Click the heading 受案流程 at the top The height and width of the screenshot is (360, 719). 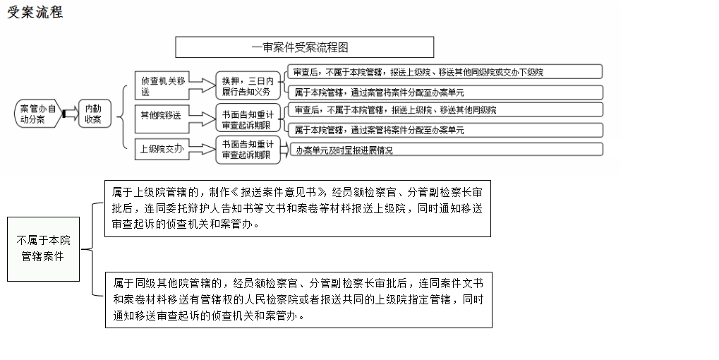[x=35, y=12]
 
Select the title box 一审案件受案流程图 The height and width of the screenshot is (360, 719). [x=304, y=47]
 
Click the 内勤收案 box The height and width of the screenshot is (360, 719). [x=93, y=114]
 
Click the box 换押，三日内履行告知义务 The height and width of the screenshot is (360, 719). [x=247, y=86]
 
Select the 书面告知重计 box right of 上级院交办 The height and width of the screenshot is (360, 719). [x=247, y=150]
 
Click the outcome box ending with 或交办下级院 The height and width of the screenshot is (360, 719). [x=445, y=72]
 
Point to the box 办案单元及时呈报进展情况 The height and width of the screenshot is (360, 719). [x=445, y=150]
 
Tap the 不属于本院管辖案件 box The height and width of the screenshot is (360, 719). [x=43, y=248]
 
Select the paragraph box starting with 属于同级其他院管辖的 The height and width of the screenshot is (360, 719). [x=298, y=299]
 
